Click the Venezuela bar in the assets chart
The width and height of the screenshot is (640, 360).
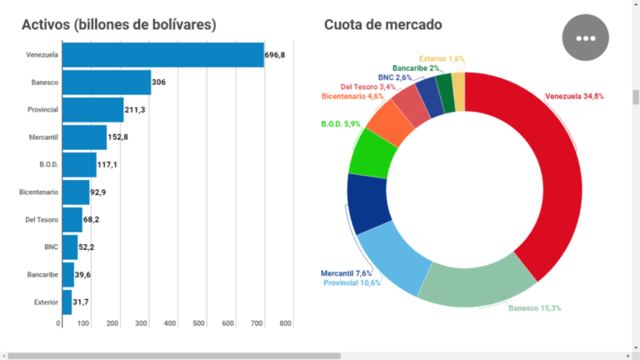(163, 55)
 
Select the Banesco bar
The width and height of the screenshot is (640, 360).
(107, 82)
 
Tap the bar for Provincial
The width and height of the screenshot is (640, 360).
(93, 110)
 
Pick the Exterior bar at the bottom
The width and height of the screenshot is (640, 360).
(67, 302)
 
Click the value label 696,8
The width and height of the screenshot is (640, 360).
(275, 55)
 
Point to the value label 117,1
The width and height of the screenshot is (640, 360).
(107, 165)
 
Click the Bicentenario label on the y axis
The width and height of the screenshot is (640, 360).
(38, 192)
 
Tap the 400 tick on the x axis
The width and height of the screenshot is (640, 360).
(170, 323)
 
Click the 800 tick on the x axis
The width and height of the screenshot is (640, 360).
(286, 323)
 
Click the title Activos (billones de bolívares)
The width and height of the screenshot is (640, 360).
(119, 25)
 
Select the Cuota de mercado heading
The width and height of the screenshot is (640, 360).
(383, 25)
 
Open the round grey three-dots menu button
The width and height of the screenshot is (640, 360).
(587, 37)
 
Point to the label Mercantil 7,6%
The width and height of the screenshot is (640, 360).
(346, 273)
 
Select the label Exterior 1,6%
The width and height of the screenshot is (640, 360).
(442, 59)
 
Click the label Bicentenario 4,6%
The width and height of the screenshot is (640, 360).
(352, 97)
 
